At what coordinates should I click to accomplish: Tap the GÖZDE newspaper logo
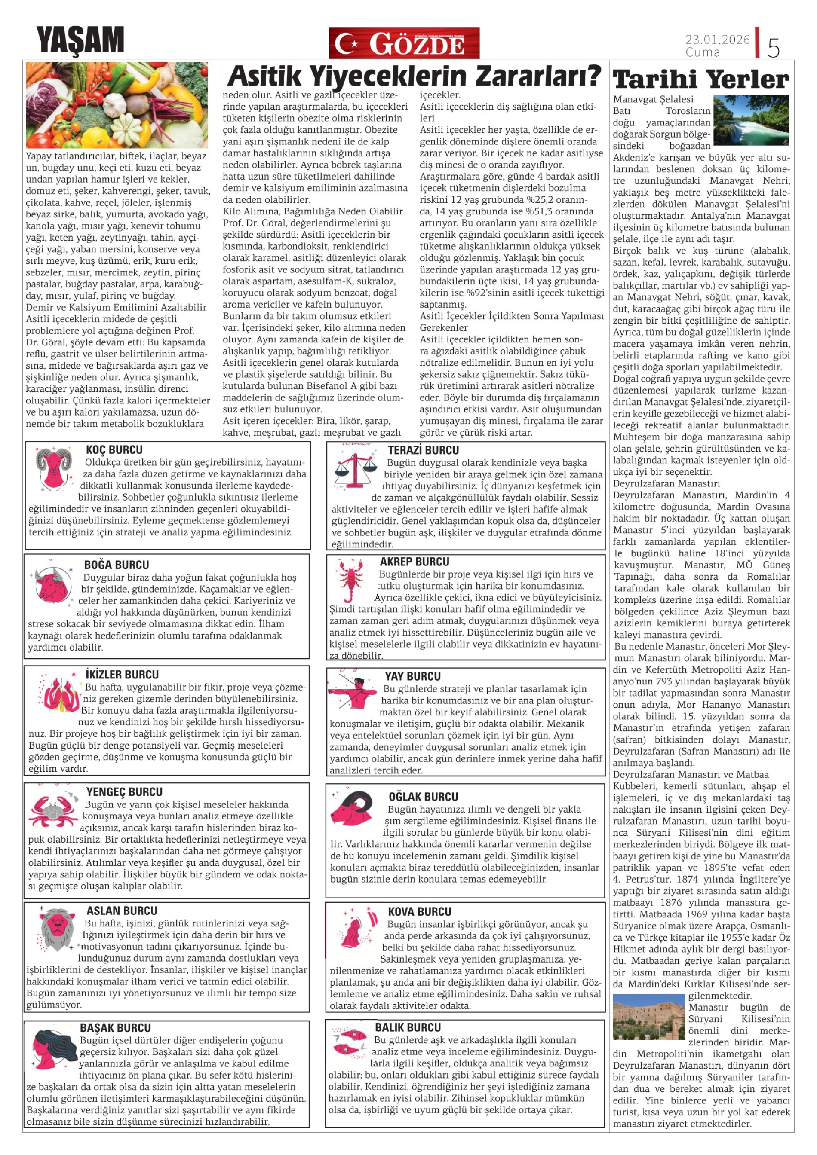tap(404, 43)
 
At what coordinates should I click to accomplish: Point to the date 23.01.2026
tap(717, 39)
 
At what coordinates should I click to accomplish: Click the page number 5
tap(773, 47)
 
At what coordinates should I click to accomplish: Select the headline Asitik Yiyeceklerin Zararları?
tap(414, 76)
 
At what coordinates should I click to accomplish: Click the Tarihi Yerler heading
tap(701, 79)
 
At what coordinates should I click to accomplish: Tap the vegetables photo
tap(117, 105)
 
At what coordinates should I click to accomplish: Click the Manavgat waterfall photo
tap(751, 120)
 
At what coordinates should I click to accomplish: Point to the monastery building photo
tap(649, 1017)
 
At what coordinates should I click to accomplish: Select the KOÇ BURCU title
tap(114, 450)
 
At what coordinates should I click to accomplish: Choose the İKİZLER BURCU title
tap(122, 675)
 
